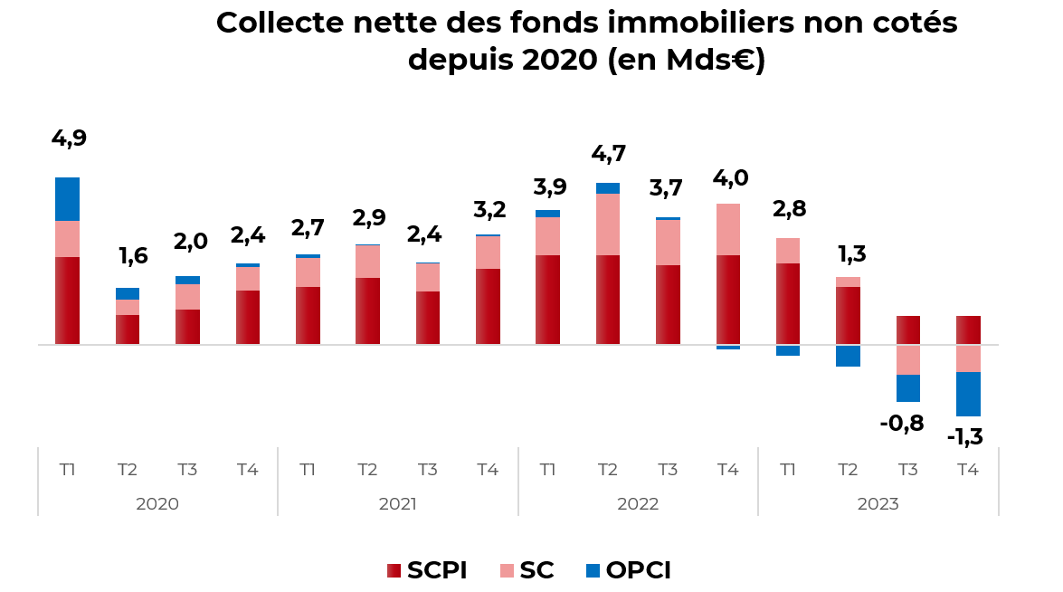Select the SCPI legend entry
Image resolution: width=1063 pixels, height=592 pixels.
click(426, 570)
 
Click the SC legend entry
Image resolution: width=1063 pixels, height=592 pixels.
click(527, 570)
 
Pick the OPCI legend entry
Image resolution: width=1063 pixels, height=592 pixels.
click(628, 570)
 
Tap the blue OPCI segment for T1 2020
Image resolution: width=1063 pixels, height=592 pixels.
click(67, 199)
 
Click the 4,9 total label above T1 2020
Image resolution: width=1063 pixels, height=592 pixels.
click(69, 139)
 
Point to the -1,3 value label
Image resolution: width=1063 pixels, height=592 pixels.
click(964, 438)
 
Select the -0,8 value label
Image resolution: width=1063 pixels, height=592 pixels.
click(902, 423)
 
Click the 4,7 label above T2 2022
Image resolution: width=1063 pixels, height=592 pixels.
click(608, 154)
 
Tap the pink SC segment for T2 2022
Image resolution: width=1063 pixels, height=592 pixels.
click(608, 224)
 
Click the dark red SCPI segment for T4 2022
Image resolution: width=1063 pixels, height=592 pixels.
click(728, 300)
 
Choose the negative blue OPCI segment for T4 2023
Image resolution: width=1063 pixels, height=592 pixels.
click(968, 394)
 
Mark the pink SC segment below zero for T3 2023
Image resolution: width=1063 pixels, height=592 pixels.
click(908, 359)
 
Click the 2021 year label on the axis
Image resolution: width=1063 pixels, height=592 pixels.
click(397, 504)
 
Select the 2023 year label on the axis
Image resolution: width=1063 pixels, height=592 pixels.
click(878, 504)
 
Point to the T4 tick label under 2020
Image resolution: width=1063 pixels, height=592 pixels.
click(247, 470)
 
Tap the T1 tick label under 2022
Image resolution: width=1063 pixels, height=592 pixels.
click(547, 470)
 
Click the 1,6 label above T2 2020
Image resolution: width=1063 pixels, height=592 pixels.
click(133, 256)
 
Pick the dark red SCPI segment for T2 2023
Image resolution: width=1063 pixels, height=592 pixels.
click(848, 315)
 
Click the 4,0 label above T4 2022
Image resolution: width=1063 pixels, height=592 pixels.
click(729, 178)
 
